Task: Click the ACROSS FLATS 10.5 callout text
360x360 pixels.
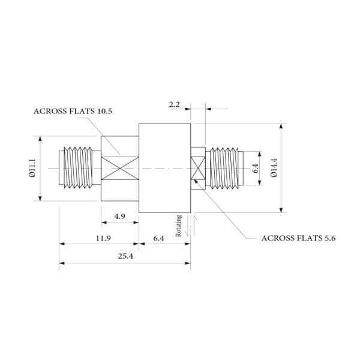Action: [x=73, y=112]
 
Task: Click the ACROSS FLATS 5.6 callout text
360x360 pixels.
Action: [x=298, y=238]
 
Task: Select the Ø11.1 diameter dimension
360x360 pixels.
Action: [x=32, y=168]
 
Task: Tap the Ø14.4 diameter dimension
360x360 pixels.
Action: [x=274, y=168]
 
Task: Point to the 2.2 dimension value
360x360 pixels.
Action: [x=174, y=104]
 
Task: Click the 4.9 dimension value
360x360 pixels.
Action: [x=119, y=216]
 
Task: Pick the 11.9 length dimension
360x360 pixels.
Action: [x=103, y=238]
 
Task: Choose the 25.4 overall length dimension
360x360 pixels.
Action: [x=125, y=256]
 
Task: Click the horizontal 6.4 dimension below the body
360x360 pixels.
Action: [x=158, y=238]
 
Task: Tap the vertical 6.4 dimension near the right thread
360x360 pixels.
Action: [x=256, y=168]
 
